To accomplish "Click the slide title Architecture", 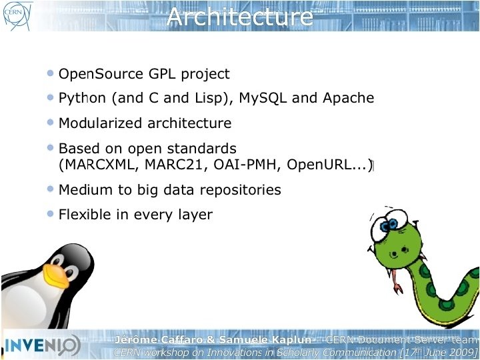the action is coord(240,16).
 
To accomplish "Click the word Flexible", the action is coord(82,215).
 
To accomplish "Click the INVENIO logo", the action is coord(43,345).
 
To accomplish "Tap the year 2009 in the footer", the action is coord(459,353).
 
